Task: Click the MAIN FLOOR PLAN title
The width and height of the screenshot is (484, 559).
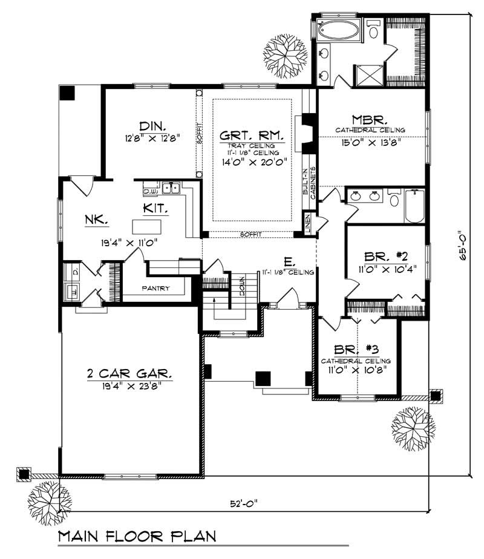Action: (137, 536)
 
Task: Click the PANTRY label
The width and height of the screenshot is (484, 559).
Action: (155, 288)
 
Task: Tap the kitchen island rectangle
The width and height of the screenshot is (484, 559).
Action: (148, 227)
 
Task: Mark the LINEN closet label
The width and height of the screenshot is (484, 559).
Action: (308, 224)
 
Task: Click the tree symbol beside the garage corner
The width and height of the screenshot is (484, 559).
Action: (50, 498)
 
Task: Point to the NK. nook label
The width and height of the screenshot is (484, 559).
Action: (97, 221)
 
